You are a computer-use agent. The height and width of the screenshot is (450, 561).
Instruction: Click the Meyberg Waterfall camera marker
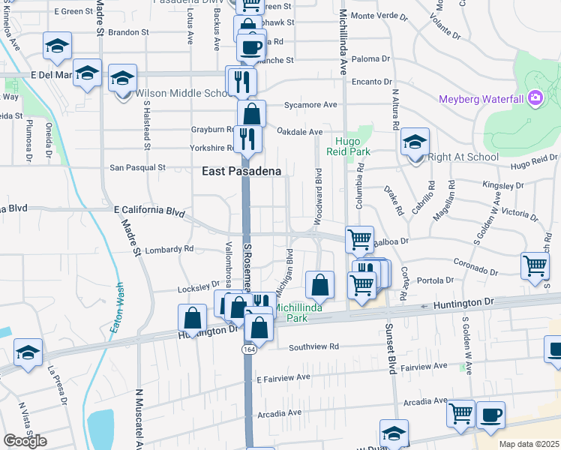[534, 97]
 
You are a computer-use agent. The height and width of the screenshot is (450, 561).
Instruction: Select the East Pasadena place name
[241, 171]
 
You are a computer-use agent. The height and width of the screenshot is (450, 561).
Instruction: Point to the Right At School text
[463, 157]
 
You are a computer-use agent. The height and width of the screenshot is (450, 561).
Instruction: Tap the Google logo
[25, 440]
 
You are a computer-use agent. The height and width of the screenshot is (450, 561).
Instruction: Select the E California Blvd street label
[148, 211]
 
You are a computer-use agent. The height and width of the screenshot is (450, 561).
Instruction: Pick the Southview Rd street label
[314, 346]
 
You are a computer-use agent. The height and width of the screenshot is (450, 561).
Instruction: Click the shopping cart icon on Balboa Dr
[359, 239]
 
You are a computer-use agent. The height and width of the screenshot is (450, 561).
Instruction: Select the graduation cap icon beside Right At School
[415, 142]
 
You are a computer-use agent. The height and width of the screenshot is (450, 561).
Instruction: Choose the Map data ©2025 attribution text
[529, 444]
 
